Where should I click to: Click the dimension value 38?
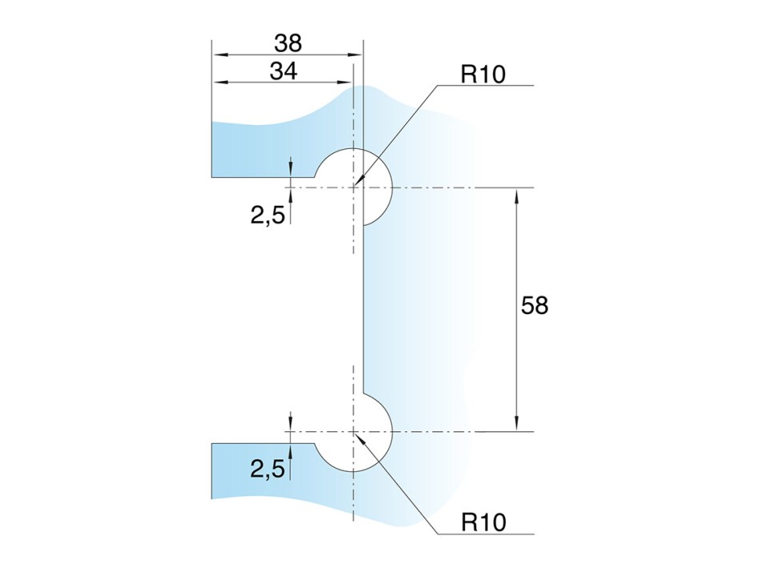288,43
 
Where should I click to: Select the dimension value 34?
283,72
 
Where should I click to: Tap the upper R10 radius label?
483,75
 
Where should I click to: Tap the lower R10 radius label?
484,523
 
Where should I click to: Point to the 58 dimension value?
534,305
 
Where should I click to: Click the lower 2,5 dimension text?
267,469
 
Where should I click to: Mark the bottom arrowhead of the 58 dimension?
516,424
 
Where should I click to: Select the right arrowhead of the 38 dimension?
355,54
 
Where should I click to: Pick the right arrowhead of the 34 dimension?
346,83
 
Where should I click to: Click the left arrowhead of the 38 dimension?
219,54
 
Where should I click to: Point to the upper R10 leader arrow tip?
355,186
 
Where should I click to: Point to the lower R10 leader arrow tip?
355,432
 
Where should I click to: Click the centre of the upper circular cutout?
354,187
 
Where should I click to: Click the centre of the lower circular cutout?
354,431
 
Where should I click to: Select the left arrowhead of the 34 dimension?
219,83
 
